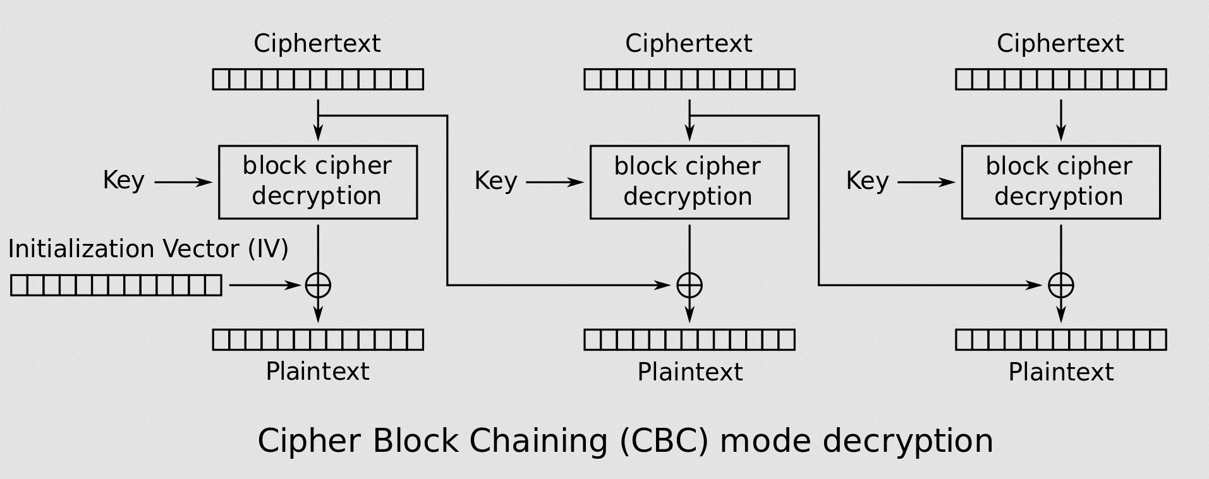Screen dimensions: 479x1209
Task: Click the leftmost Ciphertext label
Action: pos(317,44)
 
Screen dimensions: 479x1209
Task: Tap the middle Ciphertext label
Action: pos(688,44)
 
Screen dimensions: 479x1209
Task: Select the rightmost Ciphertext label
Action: pos(1060,44)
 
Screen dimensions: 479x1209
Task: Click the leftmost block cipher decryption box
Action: pos(318,182)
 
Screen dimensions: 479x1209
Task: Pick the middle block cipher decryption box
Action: pos(689,182)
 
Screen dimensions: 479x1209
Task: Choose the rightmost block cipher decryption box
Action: pos(1060,182)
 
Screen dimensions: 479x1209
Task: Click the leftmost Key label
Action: pos(124,181)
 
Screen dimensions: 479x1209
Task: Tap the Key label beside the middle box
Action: pos(495,181)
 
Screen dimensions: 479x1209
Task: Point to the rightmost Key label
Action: pos(867,181)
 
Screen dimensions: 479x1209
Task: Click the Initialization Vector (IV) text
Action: pos(148,249)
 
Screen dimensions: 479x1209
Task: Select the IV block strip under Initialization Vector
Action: pos(116,286)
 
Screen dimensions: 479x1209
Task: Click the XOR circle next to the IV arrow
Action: pos(318,285)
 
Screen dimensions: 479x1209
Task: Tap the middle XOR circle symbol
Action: pos(690,285)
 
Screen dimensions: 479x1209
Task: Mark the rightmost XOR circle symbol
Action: pos(1060,285)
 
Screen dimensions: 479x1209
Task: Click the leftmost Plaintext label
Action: pos(317,371)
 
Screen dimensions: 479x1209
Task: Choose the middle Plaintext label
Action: pos(690,372)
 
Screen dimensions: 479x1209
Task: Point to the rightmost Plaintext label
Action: pos(1060,372)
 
